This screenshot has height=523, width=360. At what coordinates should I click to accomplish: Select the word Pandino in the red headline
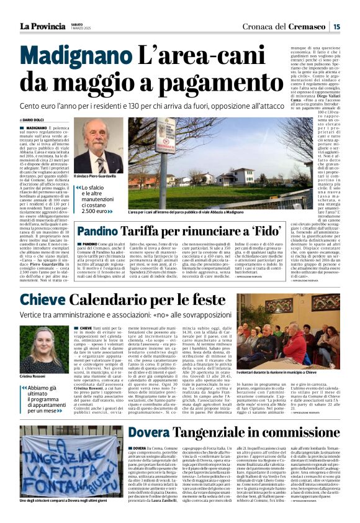[101, 231]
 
